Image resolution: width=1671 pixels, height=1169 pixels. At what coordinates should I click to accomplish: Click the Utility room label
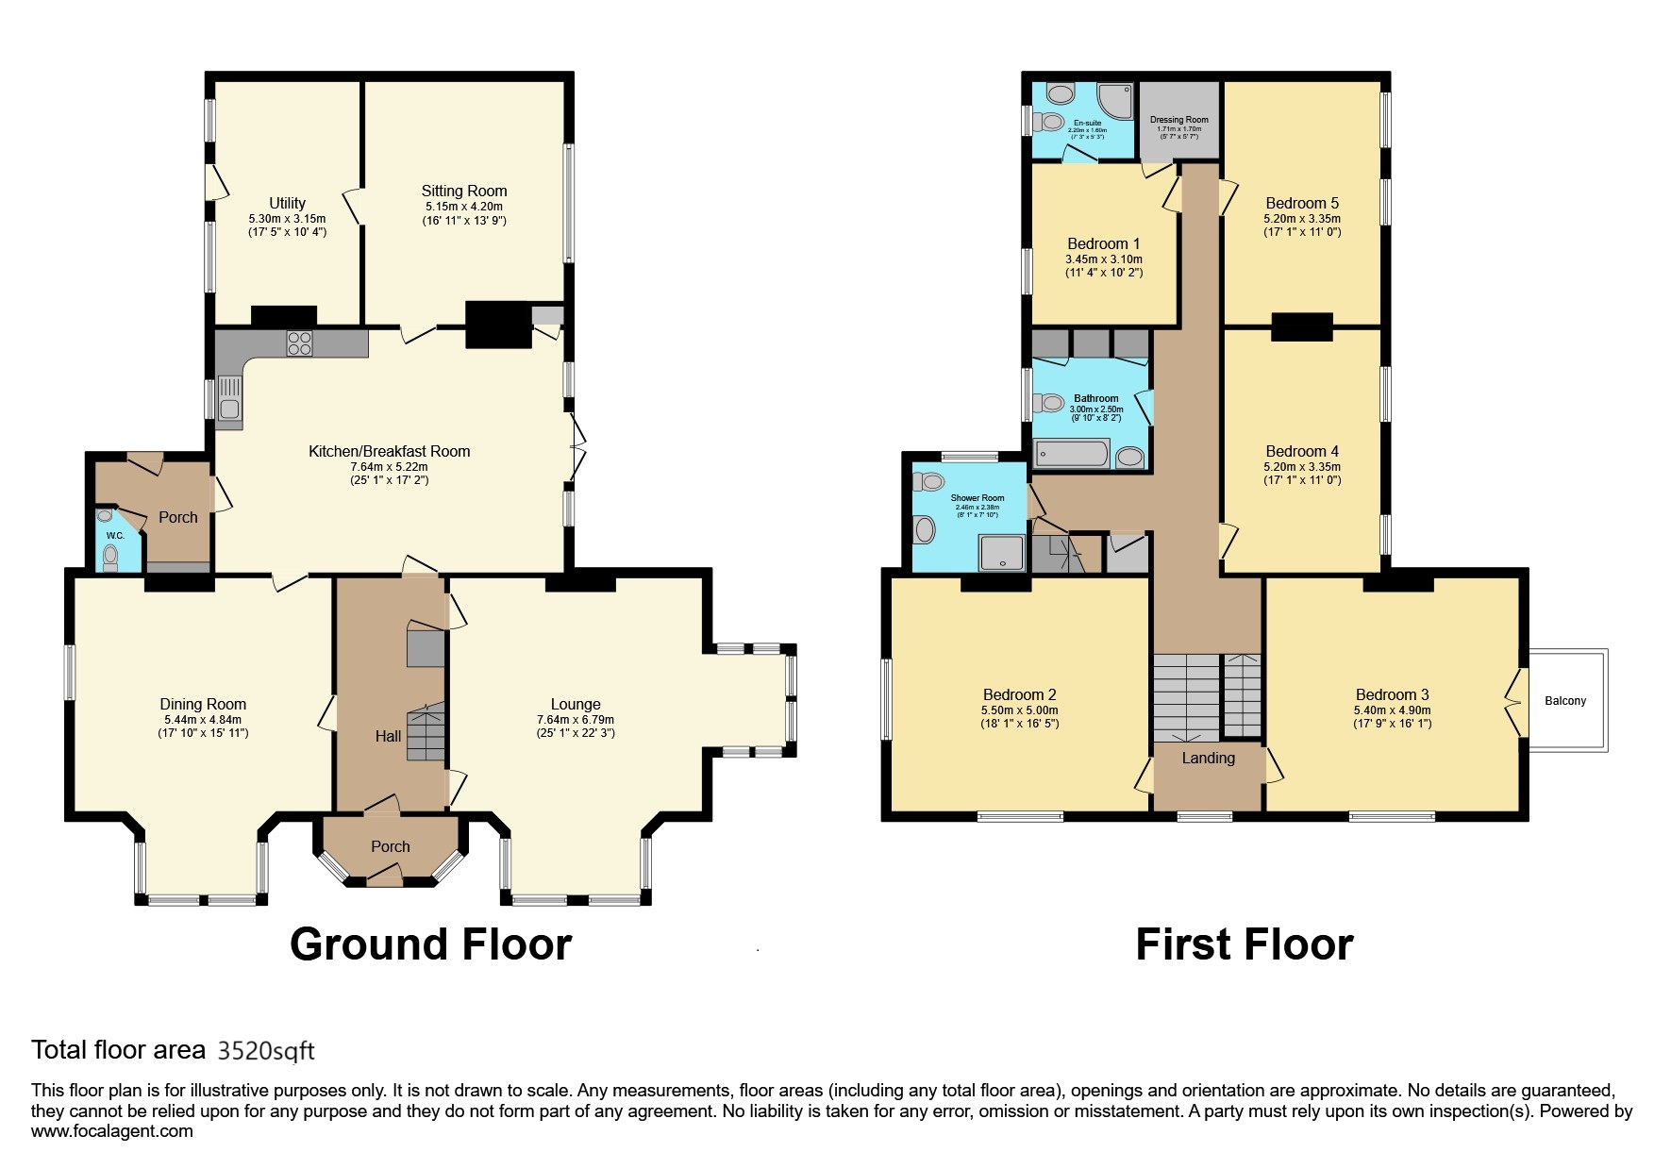point(287,203)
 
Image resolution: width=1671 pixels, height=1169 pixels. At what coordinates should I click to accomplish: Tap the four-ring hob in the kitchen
point(299,343)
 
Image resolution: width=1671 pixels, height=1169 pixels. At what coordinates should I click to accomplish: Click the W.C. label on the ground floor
point(114,536)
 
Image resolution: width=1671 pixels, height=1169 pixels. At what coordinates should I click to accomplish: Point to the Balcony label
point(1565,701)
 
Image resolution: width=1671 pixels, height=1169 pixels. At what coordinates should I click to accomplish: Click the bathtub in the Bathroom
point(1074,456)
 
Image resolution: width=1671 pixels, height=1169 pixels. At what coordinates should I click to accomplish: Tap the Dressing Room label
point(1178,120)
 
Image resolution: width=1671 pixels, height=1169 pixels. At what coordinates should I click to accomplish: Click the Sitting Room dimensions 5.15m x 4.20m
point(463,207)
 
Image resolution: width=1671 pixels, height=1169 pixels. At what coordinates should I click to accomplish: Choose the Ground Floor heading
point(430,944)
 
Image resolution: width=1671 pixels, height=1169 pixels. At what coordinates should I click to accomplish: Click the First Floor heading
point(1244,944)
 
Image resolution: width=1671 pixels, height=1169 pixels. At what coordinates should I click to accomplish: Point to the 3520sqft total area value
point(266,1050)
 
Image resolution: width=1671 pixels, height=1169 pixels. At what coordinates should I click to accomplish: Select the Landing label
point(1208,759)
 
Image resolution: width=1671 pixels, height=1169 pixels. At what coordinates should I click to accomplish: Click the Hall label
point(388,736)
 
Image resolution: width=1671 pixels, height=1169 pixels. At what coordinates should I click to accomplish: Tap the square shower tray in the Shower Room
point(1002,552)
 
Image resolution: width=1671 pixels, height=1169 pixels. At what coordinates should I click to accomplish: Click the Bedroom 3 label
point(1392,695)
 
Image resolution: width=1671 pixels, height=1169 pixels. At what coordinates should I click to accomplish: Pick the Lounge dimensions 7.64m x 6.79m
point(575,720)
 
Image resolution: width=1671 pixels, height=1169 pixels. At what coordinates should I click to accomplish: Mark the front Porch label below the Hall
point(390,846)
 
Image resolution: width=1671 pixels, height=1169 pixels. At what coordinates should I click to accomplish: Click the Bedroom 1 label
point(1103,243)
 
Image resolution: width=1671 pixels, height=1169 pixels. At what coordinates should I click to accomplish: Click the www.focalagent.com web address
point(111,1131)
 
